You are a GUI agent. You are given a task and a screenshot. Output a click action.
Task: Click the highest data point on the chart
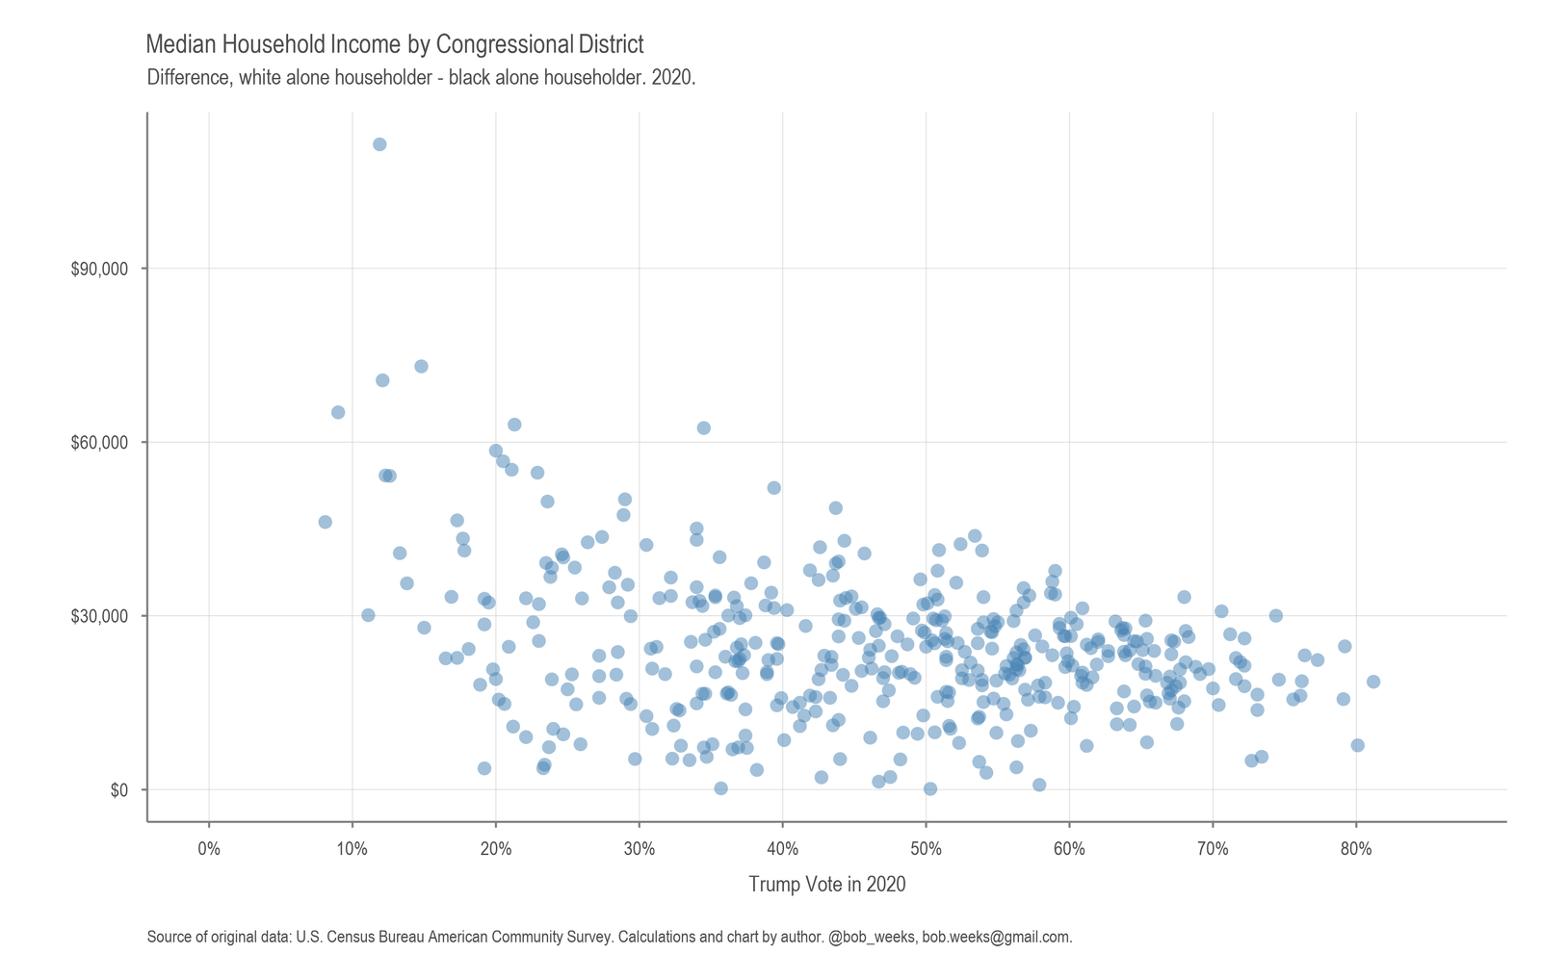(379, 144)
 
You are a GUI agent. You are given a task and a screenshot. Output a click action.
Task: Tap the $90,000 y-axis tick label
(99, 269)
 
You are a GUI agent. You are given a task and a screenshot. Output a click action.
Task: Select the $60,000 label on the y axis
(99, 443)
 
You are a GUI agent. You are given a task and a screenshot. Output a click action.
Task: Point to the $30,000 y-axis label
(99, 616)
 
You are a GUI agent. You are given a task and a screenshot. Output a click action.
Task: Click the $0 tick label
(119, 790)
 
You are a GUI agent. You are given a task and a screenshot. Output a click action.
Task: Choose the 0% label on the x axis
(209, 849)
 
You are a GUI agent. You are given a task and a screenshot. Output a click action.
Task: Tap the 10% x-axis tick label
(353, 849)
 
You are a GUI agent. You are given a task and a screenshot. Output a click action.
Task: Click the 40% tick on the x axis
(782, 849)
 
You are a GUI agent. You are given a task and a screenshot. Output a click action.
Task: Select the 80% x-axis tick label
(1356, 849)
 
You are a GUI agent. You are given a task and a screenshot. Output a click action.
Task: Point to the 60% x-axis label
(1069, 849)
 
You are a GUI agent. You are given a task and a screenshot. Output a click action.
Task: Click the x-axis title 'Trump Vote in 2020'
(827, 885)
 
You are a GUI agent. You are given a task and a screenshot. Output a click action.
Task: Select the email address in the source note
(997, 937)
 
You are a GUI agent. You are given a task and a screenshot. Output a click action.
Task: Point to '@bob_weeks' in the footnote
(872, 937)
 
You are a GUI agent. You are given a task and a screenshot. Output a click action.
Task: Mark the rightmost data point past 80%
(1373, 682)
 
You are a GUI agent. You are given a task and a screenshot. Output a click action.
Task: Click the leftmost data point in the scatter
(325, 522)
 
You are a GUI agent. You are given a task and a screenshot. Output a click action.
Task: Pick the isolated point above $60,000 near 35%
(703, 427)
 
